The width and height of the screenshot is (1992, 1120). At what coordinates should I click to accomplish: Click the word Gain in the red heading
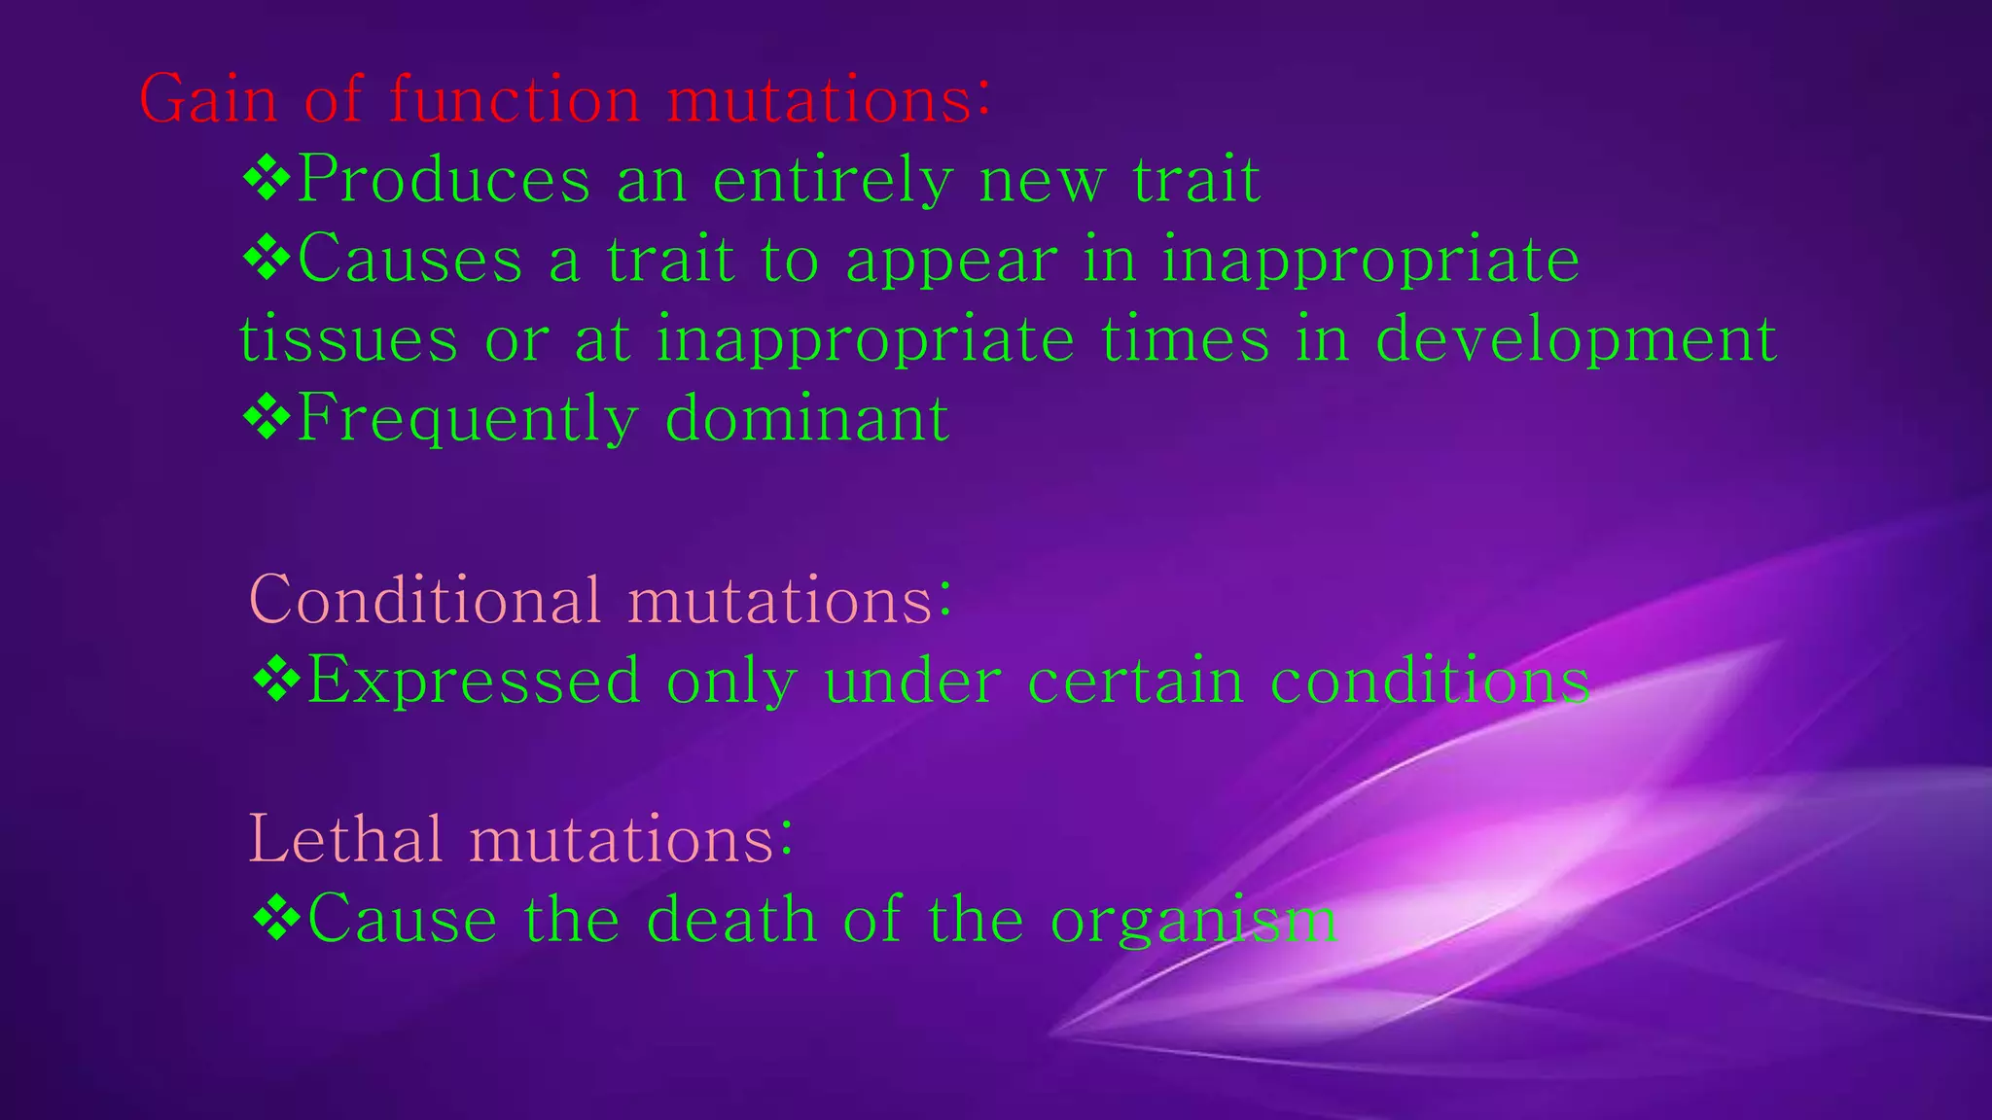[x=208, y=99]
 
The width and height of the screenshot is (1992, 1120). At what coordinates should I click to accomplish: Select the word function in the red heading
[x=515, y=99]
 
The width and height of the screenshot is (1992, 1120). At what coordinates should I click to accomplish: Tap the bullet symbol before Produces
[x=267, y=179]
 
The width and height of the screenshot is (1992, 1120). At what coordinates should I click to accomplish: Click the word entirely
[x=832, y=181]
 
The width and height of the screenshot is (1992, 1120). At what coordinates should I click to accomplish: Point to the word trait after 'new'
[x=1195, y=181]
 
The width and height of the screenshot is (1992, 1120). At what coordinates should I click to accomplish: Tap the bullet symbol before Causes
[x=267, y=259]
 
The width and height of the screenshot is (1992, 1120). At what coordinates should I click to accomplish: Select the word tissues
[x=348, y=339]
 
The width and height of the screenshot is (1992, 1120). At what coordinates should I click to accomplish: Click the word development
[x=1576, y=341]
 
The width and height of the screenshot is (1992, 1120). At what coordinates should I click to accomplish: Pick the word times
[x=1186, y=339]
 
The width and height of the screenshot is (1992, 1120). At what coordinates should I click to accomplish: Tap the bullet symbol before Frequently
[x=267, y=418]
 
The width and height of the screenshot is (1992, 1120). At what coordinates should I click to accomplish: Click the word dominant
[x=806, y=419]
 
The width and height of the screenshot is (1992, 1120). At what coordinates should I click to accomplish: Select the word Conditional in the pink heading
[x=425, y=599]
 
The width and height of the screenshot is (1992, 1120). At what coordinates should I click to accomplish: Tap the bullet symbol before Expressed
[x=276, y=679]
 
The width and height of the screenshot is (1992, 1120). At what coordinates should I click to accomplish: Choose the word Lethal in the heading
[x=345, y=838]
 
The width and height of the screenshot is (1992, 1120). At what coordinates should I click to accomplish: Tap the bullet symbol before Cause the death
[x=276, y=918]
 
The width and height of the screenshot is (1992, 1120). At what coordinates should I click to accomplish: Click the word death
[x=730, y=919]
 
